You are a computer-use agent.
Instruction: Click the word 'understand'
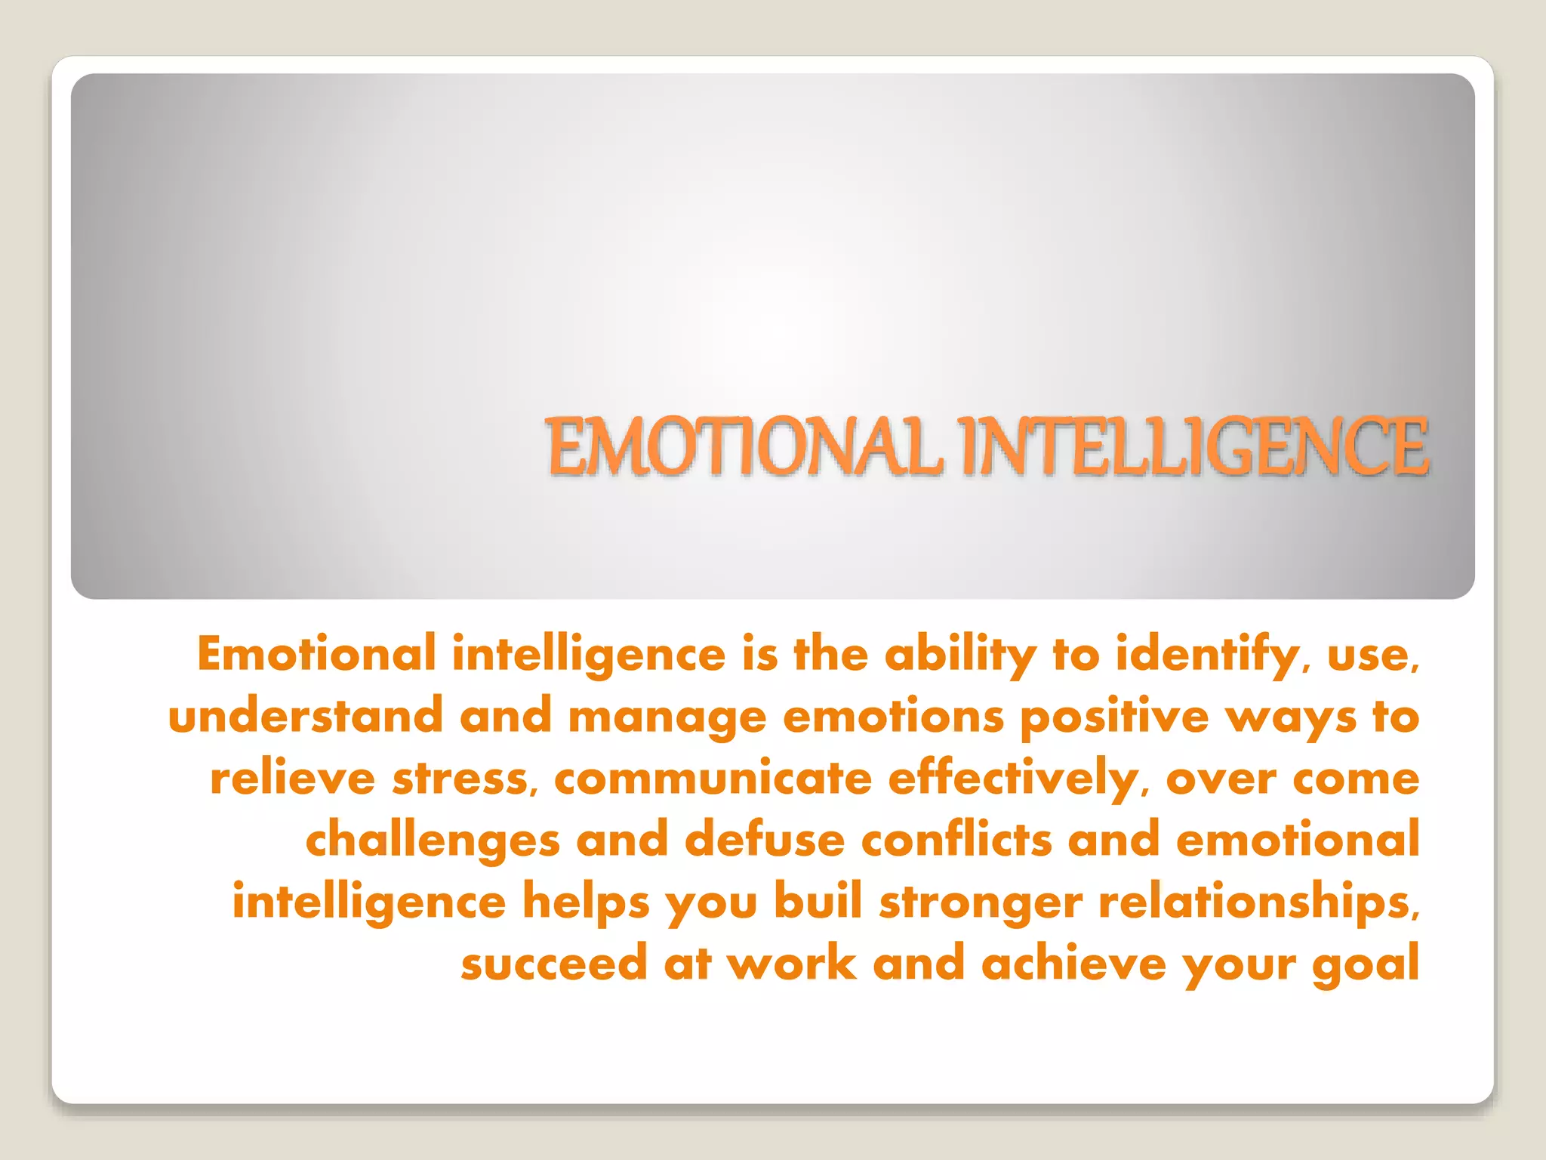[x=306, y=716]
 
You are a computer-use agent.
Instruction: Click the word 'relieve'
[x=293, y=778]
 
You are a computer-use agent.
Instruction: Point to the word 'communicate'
[x=713, y=778]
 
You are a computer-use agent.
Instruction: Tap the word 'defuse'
[x=765, y=840]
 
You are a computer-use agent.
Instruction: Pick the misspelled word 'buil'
[x=818, y=902]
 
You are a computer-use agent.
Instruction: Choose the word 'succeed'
[x=554, y=964]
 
